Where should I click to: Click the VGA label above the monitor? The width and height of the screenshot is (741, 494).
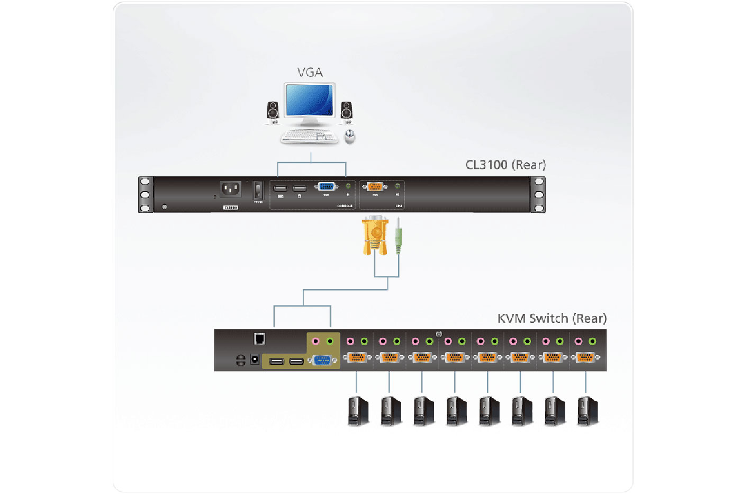click(310, 73)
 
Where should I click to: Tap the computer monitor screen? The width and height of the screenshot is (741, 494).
click(309, 100)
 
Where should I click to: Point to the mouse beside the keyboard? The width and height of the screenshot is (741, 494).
click(349, 137)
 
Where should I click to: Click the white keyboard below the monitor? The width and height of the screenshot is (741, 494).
click(309, 137)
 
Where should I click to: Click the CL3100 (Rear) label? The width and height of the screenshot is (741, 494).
click(505, 165)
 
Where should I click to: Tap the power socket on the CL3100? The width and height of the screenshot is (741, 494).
click(230, 189)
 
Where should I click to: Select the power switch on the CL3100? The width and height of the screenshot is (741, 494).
click(258, 190)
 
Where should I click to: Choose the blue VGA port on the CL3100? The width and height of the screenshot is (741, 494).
click(326, 186)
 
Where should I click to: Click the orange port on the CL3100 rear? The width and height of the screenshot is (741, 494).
click(375, 186)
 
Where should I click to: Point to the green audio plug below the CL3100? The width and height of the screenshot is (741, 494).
click(398, 238)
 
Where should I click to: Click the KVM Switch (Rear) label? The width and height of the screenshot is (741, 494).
click(552, 318)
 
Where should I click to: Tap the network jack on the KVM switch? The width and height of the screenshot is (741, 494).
click(259, 338)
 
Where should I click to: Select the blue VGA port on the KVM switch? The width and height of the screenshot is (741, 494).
click(322, 361)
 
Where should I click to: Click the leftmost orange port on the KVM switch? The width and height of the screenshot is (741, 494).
click(357, 357)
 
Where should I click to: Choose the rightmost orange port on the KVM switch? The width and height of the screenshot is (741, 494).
click(585, 357)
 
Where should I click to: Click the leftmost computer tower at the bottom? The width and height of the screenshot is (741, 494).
click(358, 411)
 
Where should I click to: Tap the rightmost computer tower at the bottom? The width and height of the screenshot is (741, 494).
click(587, 411)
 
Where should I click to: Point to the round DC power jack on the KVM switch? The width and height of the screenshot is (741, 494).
click(255, 360)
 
